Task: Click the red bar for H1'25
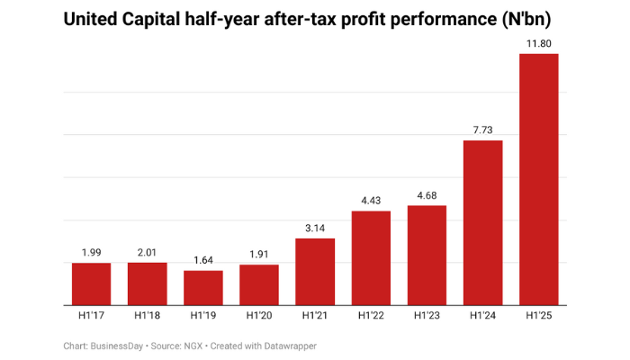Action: (x=538, y=180)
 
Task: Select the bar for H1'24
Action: (x=482, y=223)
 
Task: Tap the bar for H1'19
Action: (x=202, y=288)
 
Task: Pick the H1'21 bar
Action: (x=314, y=272)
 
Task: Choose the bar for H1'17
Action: (x=91, y=284)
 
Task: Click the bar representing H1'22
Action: (x=371, y=258)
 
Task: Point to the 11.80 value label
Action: (x=538, y=42)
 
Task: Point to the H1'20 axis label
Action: (x=258, y=317)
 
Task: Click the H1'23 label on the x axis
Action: (x=427, y=317)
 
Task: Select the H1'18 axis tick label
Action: (x=147, y=317)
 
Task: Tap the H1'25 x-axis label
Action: (x=538, y=317)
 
